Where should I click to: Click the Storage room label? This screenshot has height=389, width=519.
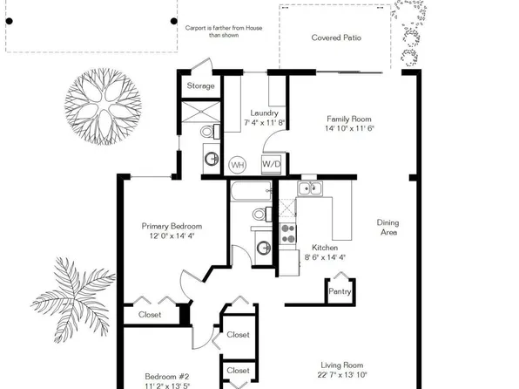tap(202, 86)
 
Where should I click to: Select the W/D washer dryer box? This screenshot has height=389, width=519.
tap(272, 163)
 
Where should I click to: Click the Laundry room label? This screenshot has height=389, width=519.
tap(264, 113)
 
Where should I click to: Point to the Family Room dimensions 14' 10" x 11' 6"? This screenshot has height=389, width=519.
tap(355, 128)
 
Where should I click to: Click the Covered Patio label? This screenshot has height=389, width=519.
tap(336, 38)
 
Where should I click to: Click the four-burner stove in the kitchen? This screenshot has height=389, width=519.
tap(287, 233)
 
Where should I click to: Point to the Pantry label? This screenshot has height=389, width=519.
tap(339, 292)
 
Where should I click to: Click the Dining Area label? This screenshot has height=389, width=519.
tap(388, 228)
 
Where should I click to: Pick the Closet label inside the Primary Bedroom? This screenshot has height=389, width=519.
tap(149, 314)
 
